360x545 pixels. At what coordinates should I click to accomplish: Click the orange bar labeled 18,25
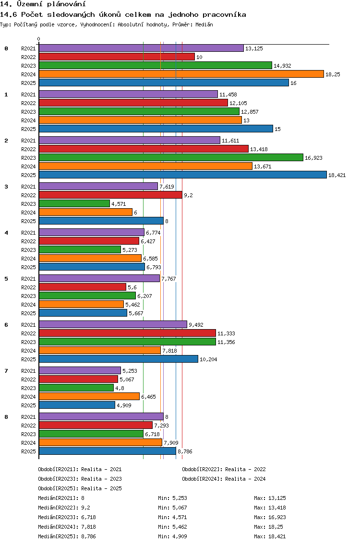click(x=181, y=74)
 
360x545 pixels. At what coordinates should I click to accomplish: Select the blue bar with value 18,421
click(x=182, y=175)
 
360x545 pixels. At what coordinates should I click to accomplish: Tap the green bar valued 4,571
click(x=74, y=204)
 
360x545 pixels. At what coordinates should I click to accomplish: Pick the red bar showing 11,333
click(x=127, y=333)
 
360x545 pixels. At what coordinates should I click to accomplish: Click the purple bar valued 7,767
click(x=99, y=278)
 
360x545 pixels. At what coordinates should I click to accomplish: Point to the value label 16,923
click(x=313, y=158)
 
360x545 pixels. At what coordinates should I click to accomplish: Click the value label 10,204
click(x=208, y=359)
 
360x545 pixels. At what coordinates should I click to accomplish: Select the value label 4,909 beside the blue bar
click(x=124, y=405)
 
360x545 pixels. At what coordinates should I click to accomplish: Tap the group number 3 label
click(x=6, y=187)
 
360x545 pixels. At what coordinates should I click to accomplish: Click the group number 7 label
click(x=6, y=371)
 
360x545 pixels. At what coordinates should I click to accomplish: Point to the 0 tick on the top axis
click(x=38, y=39)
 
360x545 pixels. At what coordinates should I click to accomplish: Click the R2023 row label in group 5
click(x=28, y=296)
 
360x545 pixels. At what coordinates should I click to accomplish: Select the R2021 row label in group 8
click(x=28, y=417)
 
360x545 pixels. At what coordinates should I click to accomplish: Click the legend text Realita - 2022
click(x=245, y=469)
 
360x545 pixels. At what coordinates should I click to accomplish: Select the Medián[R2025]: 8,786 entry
click(x=67, y=536)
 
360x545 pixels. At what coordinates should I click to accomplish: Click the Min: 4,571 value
click(x=172, y=517)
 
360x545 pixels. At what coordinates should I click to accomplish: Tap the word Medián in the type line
click(x=204, y=24)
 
